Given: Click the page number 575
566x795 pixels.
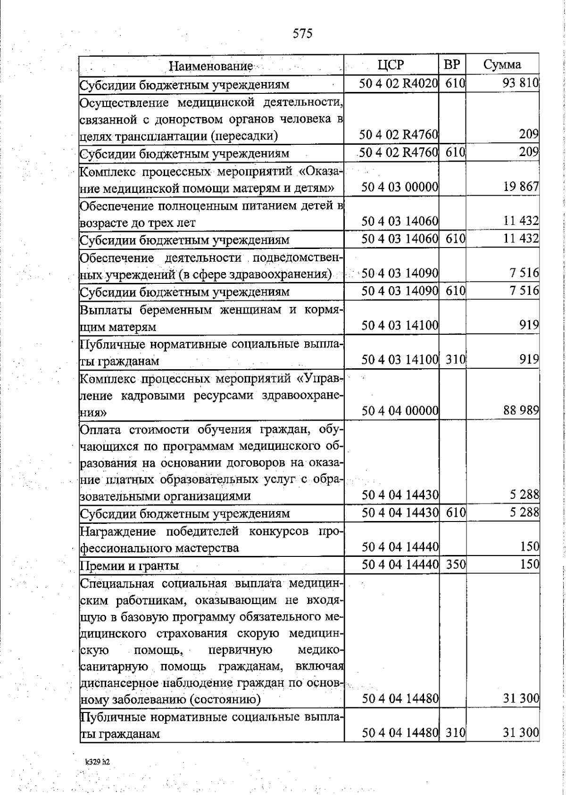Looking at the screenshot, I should pos(303,33).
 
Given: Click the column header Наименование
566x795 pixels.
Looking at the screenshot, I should pos(210,66).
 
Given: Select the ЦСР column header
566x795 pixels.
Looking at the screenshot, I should pos(391,65).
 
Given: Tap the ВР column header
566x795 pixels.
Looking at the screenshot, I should pos(452,65).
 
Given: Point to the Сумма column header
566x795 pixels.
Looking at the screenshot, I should pos(502,65).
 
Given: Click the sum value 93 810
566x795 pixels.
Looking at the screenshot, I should pos(520,83).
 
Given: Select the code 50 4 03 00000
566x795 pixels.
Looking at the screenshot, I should pos(400,187).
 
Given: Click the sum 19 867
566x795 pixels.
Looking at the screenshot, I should pos(521,187).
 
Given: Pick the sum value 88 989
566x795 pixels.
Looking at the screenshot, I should pos(521,410).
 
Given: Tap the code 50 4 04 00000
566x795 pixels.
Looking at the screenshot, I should pos(400,411).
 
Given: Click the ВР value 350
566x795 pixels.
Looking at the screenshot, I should pos(456,564).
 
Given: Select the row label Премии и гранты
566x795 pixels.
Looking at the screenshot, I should pos(129,565).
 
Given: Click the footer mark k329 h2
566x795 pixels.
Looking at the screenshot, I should pos(98,762).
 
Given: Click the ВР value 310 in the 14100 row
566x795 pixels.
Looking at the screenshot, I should pos(456,360).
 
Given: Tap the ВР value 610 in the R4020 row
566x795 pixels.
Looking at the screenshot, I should pos(456,83).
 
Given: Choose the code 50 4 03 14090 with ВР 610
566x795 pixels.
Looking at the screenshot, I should pos(400,290).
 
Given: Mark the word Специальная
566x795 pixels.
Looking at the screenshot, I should pos(117,583).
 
